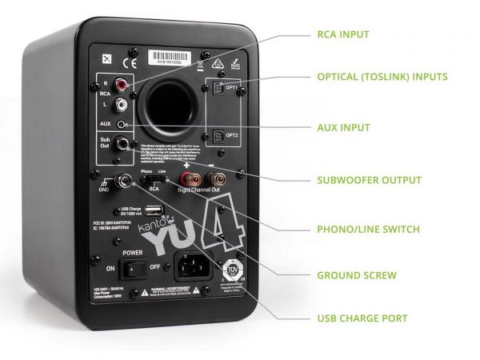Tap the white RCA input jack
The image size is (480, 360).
tap(122, 104)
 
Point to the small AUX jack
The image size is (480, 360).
tap(122, 125)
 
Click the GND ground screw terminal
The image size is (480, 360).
tap(126, 182)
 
